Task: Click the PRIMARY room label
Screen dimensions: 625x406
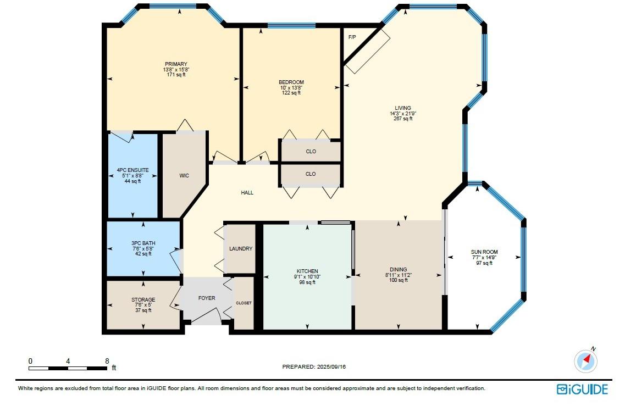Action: (x=176, y=64)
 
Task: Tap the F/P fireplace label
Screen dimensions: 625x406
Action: (x=352, y=37)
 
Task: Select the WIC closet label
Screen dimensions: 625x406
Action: (x=184, y=176)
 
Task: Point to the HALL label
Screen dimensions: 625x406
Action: (x=247, y=193)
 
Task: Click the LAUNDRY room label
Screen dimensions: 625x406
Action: (x=241, y=249)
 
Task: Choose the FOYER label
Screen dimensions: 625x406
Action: (x=207, y=298)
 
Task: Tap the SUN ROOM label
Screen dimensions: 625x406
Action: (x=484, y=252)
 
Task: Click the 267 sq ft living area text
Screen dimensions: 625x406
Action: (x=403, y=119)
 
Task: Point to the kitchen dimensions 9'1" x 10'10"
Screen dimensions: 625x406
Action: (x=307, y=277)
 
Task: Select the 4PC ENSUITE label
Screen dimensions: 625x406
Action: (x=132, y=170)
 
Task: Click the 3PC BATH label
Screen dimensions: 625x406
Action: (x=143, y=243)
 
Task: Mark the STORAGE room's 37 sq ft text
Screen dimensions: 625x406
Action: (x=143, y=310)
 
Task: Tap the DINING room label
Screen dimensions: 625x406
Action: (x=399, y=270)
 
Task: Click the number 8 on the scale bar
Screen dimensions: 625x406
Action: (x=107, y=361)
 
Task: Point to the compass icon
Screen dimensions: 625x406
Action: (x=586, y=360)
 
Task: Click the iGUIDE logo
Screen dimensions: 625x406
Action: (x=582, y=390)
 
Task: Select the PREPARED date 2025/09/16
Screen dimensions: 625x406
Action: (x=331, y=367)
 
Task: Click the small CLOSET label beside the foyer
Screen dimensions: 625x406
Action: (x=244, y=303)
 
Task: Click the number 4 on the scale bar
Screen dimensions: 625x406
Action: (x=68, y=361)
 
